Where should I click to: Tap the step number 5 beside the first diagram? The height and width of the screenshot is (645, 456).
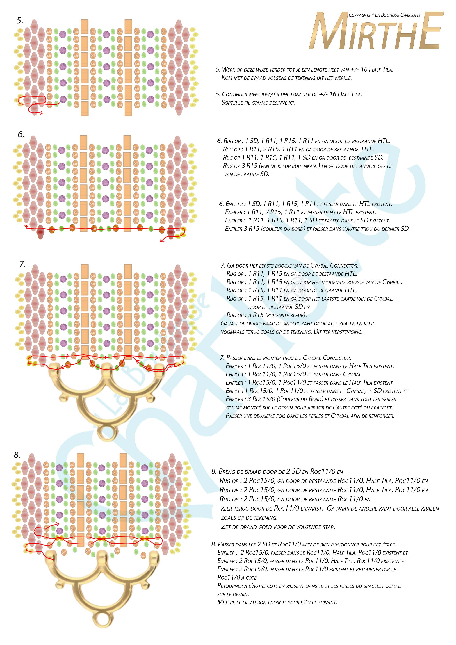20,21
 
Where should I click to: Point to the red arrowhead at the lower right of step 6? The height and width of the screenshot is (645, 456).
162,240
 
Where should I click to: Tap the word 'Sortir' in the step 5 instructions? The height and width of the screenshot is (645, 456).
229,103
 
